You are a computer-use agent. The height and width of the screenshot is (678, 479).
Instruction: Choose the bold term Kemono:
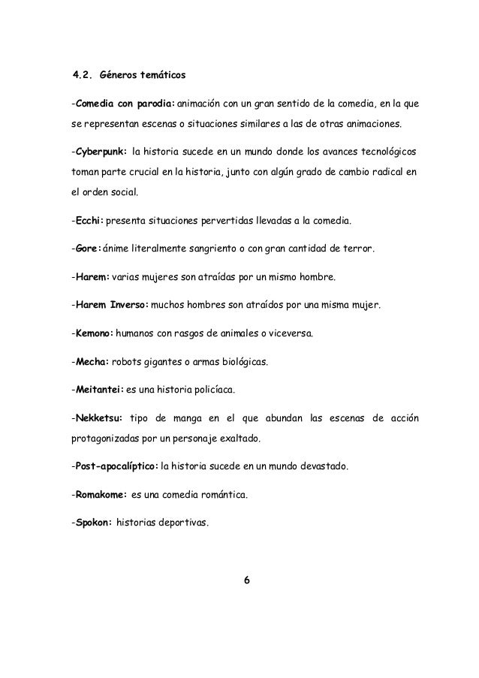coord(92,333)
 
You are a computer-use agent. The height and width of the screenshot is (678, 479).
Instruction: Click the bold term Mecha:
coord(89,361)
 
